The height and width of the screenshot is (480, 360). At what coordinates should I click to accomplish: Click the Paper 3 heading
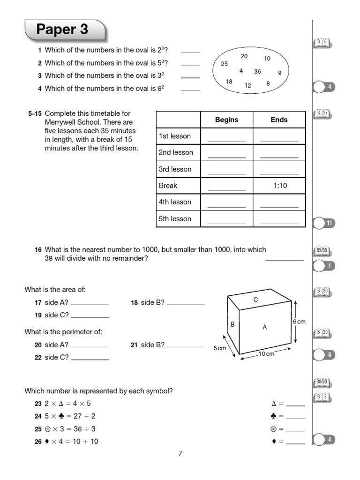[62, 30]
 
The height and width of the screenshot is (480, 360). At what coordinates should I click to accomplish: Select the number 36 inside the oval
[257, 72]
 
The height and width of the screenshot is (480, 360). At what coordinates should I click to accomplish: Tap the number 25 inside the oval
[224, 64]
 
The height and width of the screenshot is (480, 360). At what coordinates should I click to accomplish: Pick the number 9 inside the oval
[279, 73]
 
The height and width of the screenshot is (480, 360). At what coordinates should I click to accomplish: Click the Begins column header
[226, 120]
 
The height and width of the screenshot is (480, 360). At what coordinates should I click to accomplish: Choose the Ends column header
[279, 120]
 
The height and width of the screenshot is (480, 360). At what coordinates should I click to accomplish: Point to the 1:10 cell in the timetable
[279, 186]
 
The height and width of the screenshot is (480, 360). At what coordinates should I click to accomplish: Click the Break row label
[168, 186]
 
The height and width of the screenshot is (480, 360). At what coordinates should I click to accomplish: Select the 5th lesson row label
[175, 218]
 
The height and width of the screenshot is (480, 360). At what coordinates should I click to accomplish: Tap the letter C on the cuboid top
[255, 300]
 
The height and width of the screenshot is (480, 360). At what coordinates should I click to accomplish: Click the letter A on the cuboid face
[264, 328]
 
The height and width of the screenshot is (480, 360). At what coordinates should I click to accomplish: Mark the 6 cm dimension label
[299, 322]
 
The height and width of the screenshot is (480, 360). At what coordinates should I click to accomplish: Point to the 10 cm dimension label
[267, 354]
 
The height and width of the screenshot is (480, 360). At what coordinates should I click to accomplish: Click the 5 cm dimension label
[219, 348]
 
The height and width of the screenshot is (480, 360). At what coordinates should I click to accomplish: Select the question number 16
[38, 250]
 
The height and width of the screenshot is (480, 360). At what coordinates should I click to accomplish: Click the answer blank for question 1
[190, 52]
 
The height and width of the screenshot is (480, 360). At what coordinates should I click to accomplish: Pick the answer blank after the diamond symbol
[295, 442]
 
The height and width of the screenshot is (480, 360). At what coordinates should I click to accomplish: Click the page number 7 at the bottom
[180, 453]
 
